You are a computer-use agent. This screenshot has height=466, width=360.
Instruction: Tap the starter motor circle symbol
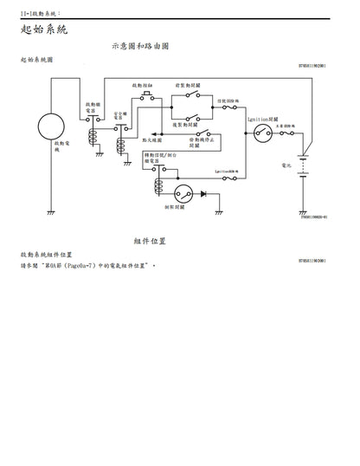pyautogui.click(x=50, y=126)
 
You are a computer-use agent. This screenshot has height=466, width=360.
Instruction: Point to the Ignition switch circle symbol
pyautogui.click(x=262, y=133)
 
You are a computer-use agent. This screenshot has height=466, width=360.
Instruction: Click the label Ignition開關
pyautogui.click(x=261, y=117)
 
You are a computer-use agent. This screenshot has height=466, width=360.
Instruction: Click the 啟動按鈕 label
pyautogui.click(x=143, y=87)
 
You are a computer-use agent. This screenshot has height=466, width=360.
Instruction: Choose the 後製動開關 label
pyautogui.click(x=194, y=125)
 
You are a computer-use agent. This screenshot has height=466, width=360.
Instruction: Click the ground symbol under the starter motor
pyautogui.click(x=50, y=210)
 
